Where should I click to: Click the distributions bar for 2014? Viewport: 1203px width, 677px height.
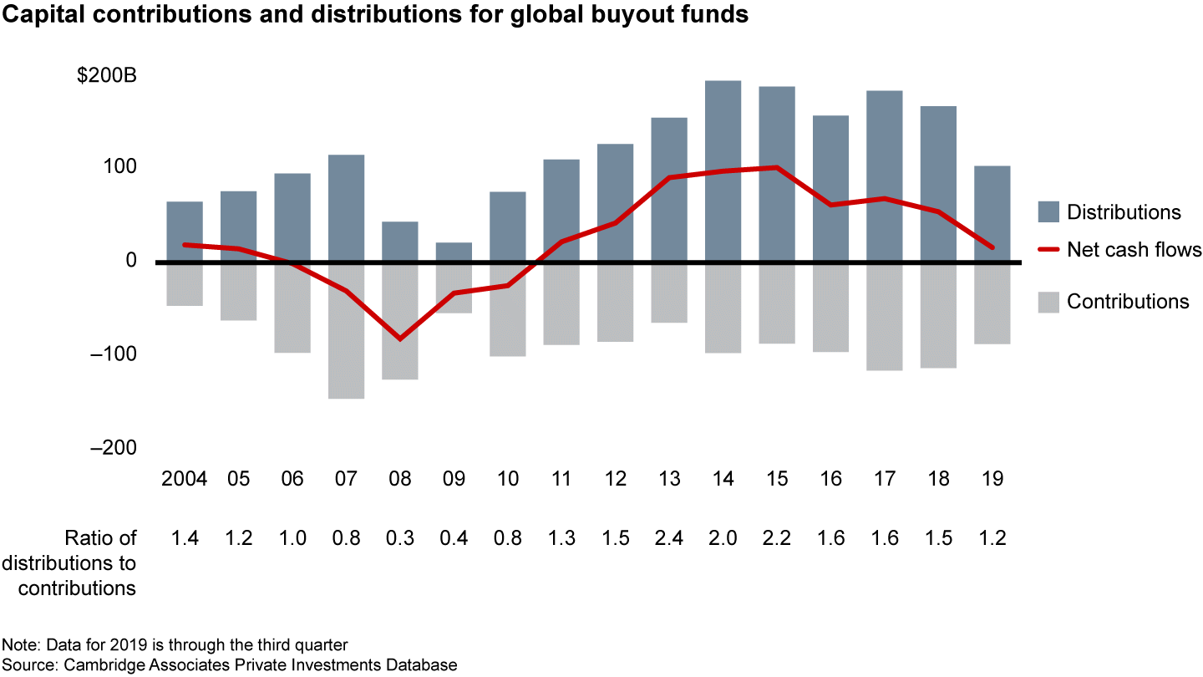[723, 171]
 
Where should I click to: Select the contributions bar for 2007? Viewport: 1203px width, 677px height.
[346, 332]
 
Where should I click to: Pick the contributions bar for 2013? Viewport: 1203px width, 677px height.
[669, 293]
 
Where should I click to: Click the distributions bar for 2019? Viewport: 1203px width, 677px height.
[992, 213]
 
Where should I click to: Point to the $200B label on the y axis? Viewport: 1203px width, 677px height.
[106, 75]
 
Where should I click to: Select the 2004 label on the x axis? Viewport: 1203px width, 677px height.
[185, 479]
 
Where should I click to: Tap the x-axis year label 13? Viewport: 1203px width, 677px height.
[669, 479]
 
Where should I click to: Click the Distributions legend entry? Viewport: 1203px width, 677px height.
[1124, 212]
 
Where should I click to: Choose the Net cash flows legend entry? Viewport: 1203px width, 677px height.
[1134, 249]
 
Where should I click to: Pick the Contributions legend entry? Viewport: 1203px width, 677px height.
[1128, 302]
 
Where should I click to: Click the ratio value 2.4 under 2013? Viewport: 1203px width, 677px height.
[669, 537]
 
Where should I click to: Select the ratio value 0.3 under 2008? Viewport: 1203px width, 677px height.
[399, 537]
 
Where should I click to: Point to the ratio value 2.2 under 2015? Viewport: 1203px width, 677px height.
[776, 537]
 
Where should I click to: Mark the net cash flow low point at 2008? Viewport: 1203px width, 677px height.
[399, 338]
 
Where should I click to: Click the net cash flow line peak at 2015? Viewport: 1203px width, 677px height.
[776, 167]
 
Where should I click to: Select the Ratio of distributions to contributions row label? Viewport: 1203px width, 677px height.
[78, 562]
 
